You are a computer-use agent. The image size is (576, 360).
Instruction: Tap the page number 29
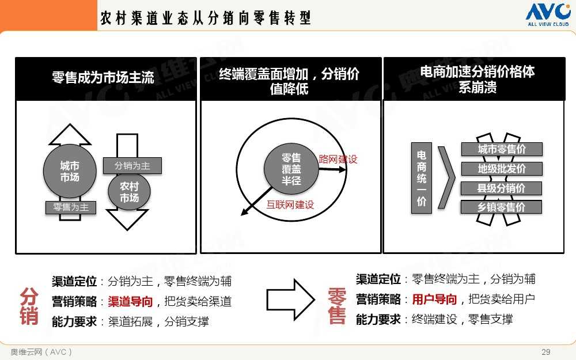click(546, 351)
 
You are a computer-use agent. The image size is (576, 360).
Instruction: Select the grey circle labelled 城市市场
click(70, 171)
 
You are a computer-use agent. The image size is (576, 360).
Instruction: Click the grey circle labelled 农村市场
click(129, 192)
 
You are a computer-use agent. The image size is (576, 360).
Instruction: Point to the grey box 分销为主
click(132, 166)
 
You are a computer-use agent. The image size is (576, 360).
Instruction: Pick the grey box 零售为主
click(71, 207)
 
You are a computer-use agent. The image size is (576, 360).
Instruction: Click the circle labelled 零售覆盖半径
click(291, 169)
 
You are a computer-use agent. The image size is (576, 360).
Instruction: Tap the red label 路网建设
click(338, 159)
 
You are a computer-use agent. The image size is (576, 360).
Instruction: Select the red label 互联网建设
click(290, 204)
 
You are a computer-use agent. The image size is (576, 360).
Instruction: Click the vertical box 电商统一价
click(422, 178)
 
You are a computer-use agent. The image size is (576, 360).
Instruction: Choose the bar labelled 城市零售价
click(502, 149)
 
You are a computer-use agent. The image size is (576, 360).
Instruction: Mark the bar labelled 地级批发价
click(502, 169)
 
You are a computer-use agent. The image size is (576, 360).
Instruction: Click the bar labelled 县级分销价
click(502, 188)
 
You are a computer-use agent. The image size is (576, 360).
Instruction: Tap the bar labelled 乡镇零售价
click(502, 207)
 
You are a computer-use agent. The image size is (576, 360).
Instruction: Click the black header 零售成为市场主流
click(106, 78)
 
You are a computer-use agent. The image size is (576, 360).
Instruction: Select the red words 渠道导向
click(130, 302)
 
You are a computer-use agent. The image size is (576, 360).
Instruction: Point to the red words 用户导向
click(434, 300)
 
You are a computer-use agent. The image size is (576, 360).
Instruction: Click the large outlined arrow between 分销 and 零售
click(290, 300)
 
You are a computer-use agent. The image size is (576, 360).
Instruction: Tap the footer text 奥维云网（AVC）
click(41, 352)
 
